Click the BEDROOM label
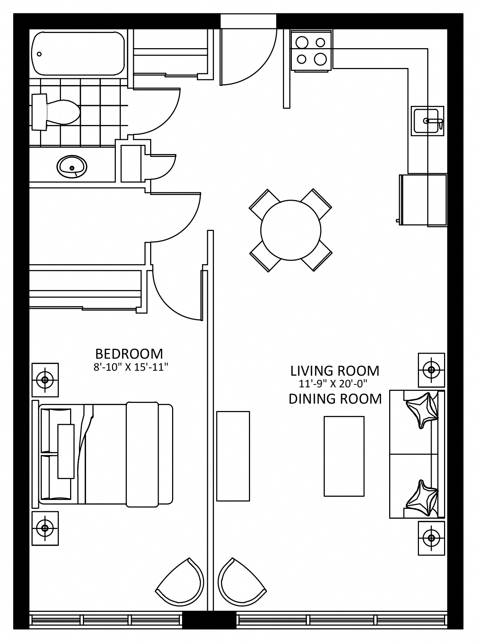[129, 354]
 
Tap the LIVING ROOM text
[335, 371]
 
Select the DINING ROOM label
[335, 399]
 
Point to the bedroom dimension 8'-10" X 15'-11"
[130, 367]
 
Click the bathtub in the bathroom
[78, 53]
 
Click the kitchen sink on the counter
[427, 121]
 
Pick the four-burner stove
[311, 51]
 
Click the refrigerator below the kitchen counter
[422, 200]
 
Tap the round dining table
[291, 230]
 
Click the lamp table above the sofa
[431, 370]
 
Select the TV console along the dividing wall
[233, 456]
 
